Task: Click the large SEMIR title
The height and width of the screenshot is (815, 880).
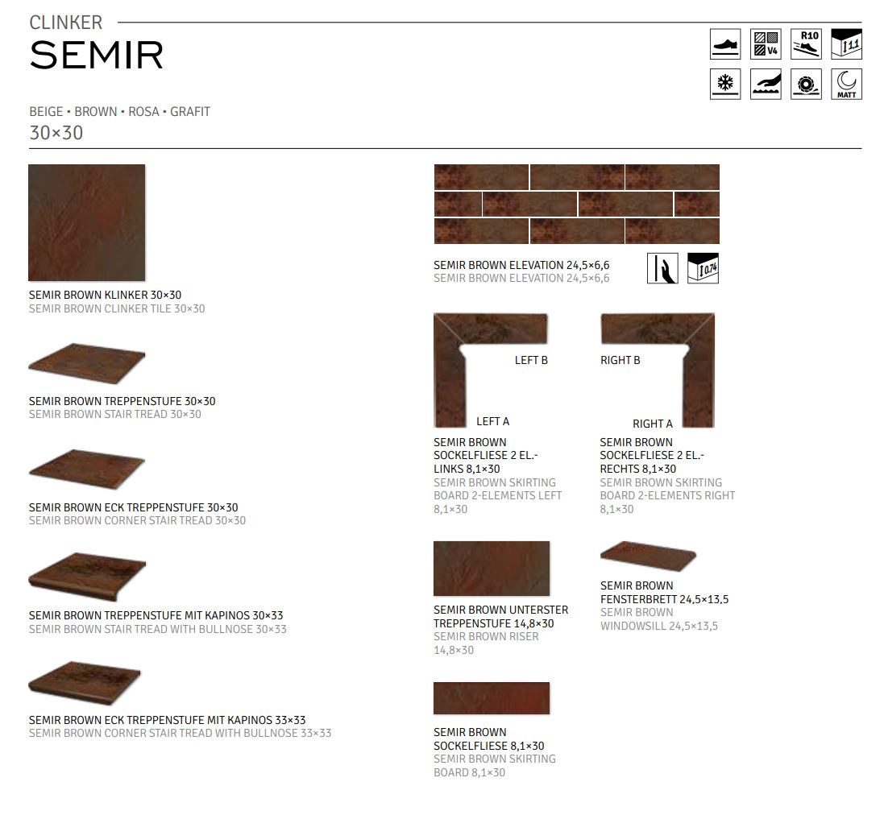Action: click(96, 55)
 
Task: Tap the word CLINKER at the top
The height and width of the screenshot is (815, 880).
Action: click(66, 23)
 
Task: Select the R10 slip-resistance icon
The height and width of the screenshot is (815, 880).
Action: click(805, 43)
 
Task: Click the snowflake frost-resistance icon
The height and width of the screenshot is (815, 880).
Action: click(724, 84)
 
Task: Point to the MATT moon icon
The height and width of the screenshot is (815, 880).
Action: click(845, 84)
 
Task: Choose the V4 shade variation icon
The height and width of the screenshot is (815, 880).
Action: click(765, 43)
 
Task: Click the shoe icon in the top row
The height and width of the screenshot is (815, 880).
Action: click(724, 43)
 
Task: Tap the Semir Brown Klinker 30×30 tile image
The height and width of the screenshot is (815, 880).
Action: click(86, 222)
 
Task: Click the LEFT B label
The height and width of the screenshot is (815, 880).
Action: click(531, 360)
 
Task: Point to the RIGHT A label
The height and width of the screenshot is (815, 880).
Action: click(652, 424)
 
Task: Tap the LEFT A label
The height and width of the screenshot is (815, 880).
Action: click(492, 421)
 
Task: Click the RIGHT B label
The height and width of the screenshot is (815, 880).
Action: click(620, 360)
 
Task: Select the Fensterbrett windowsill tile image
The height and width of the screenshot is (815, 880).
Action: click(648, 555)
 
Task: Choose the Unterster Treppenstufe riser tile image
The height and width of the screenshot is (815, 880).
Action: click(491, 568)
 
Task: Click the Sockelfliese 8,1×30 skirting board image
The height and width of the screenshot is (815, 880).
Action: click(491, 698)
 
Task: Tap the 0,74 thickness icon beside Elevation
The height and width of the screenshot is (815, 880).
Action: click(702, 268)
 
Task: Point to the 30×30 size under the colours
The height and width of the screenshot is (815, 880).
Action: click(56, 133)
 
